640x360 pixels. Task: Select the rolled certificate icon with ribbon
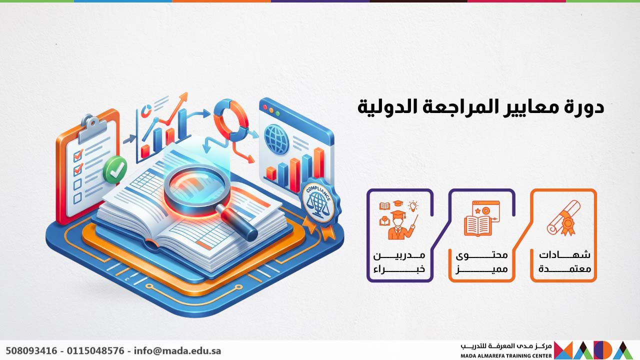(x=563, y=218)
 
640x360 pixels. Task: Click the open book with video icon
(x=481, y=218)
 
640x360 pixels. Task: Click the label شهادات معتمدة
(x=564, y=261)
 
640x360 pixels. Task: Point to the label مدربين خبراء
(x=399, y=261)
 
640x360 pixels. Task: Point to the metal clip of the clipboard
(x=89, y=123)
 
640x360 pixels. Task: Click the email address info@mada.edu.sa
(x=177, y=350)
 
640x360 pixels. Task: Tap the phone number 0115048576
(x=94, y=350)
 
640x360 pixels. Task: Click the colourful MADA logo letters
(x=592, y=349)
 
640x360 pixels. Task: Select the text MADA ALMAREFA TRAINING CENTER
(x=506, y=355)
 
